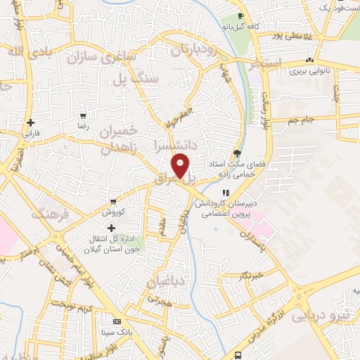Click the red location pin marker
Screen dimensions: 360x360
pos(181,165)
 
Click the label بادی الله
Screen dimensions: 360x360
pos(30,51)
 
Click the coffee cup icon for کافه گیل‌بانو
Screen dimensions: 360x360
pos(241,16)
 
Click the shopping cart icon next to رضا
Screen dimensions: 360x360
pos(84,115)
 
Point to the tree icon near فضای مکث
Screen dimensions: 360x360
pos(238,153)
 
